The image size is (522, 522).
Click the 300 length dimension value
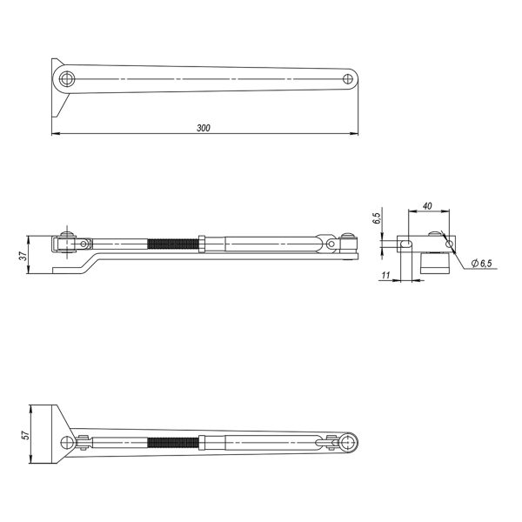coord(204,128)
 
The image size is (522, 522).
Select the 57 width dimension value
coord(25,435)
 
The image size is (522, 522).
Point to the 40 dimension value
coord(427,206)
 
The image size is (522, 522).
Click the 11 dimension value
coord(385,275)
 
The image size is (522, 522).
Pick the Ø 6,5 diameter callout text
coord(481,263)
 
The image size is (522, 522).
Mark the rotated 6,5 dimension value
coord(377,218)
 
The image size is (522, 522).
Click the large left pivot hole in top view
coord(67,79)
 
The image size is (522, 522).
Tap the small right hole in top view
coord(348,79)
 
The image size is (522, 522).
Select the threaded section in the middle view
coord(173,244)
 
